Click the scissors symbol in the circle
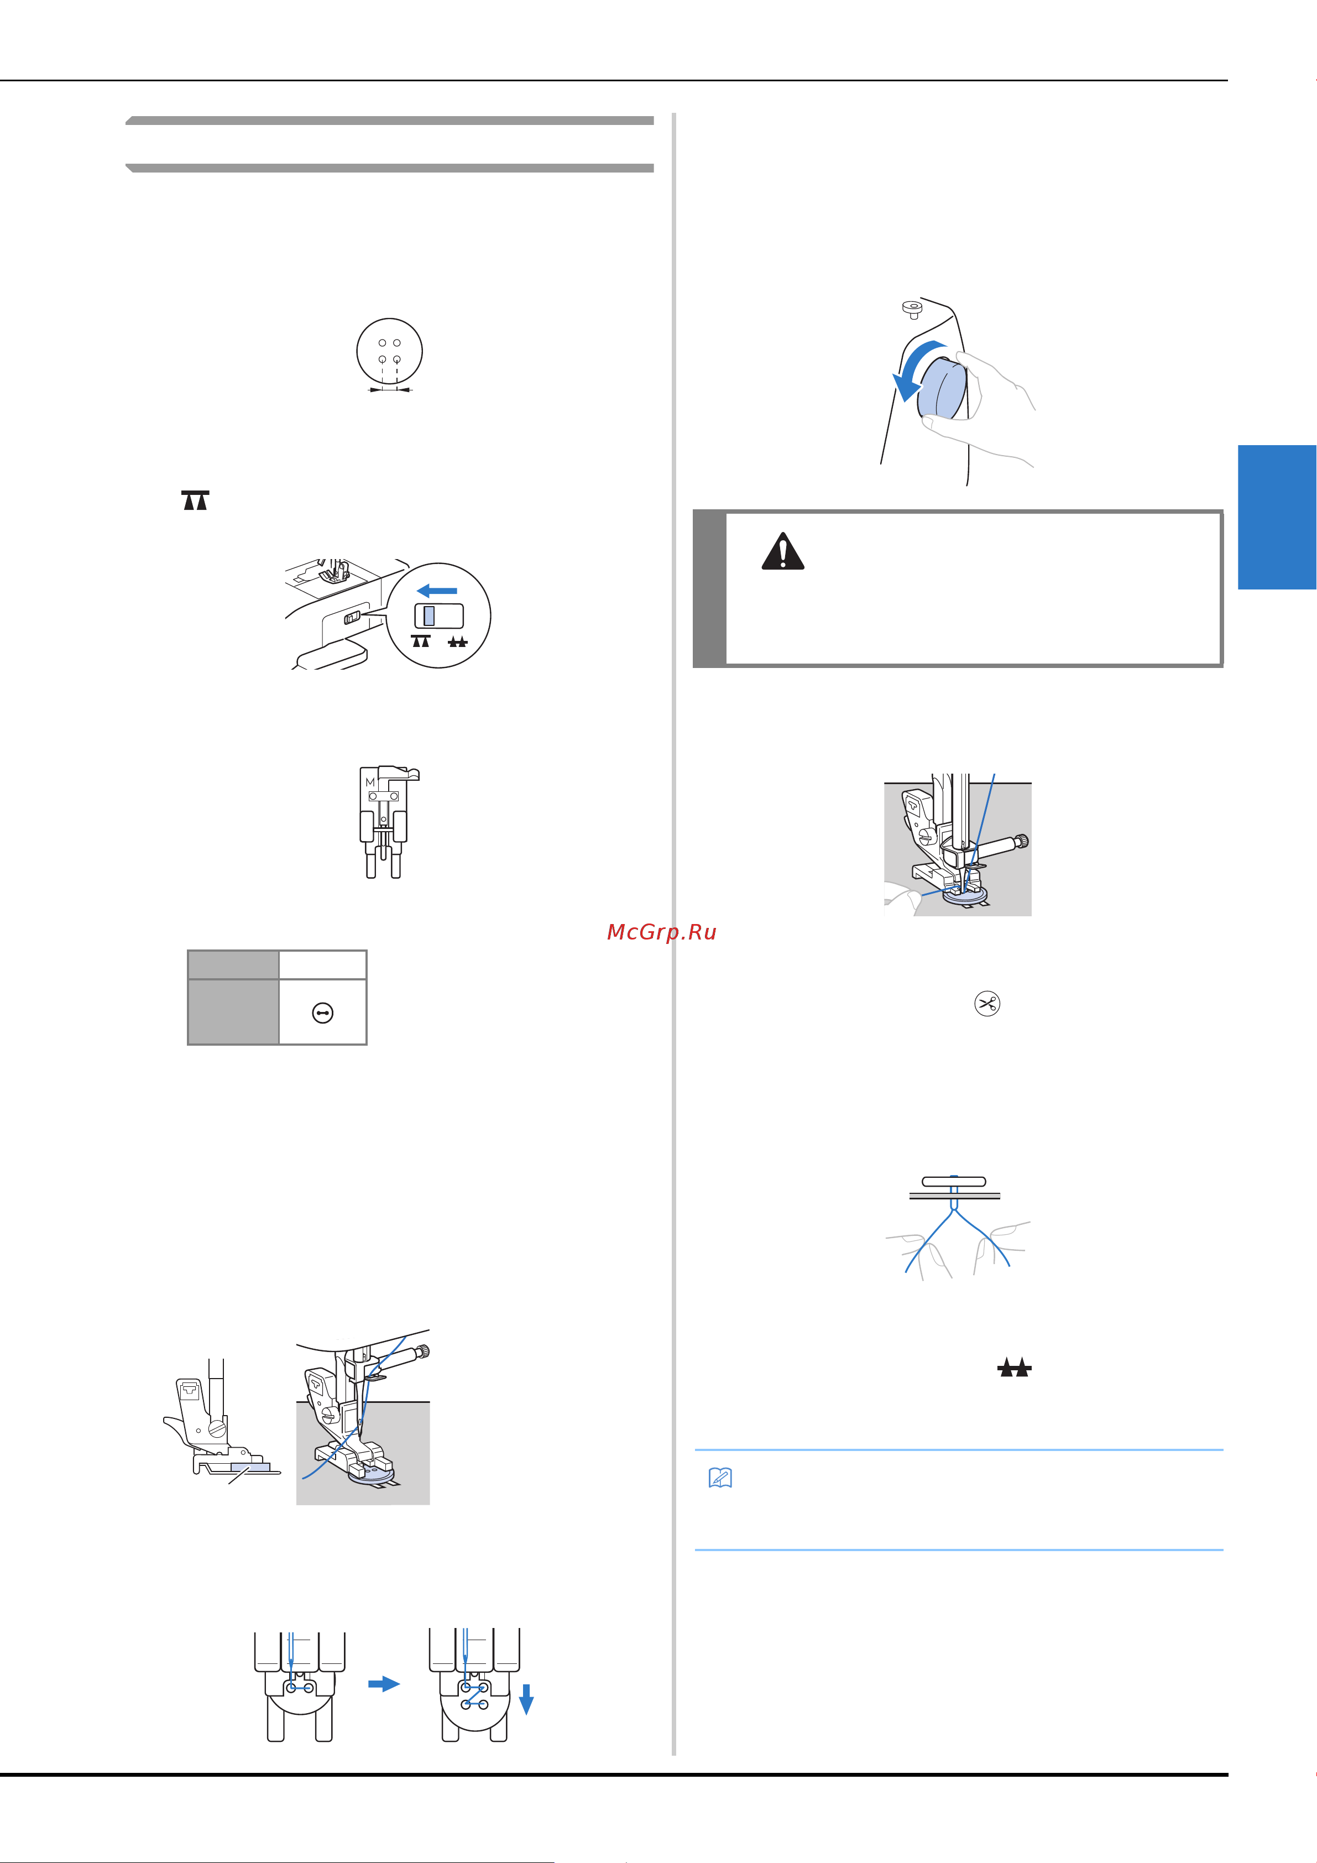(987, 1004)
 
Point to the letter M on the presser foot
(370, 782)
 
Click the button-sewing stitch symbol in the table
(322, 1013)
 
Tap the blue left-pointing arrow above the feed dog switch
(437, 590)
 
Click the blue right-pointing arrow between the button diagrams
(384, 1684)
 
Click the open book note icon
(720, 1478)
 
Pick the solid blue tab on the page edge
(1277, 517)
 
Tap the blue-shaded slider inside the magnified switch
(428, 615)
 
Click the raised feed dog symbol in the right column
(1015, 1368)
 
